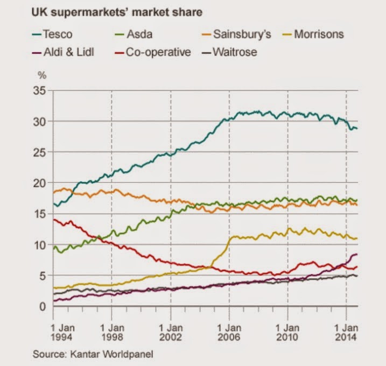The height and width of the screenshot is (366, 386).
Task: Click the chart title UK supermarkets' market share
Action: point(117,11)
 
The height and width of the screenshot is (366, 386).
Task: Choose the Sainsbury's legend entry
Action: point(242,35)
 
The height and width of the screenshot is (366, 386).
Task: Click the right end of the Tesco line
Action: point(357,128)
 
